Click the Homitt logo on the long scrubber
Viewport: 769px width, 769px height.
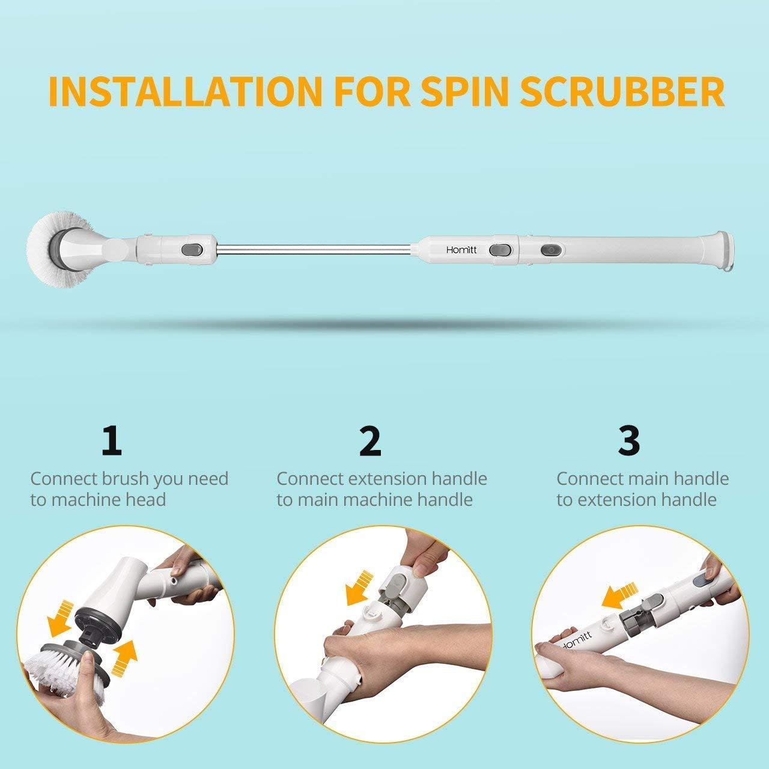pos(461,249)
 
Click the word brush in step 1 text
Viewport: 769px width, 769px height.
pos(125,479)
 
